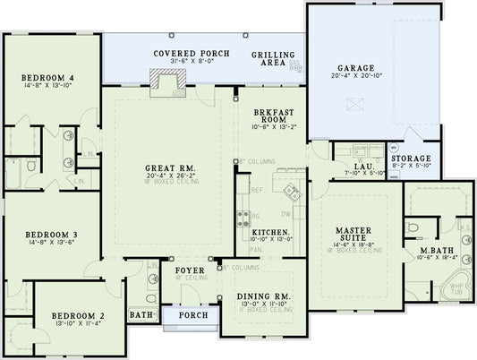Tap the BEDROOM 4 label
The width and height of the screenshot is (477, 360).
[x=47, y=79]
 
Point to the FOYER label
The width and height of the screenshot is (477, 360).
[x=190, y=270]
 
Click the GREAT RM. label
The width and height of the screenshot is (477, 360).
[x=165, y=167]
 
